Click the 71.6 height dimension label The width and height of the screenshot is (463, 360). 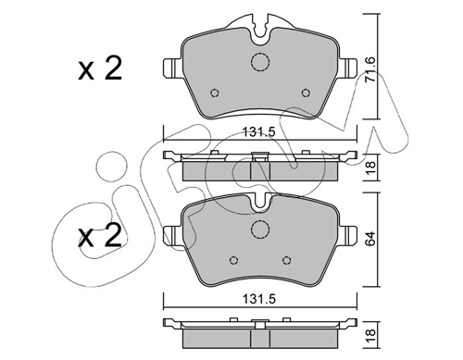(369, 69)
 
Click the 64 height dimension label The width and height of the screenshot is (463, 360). (370, 238)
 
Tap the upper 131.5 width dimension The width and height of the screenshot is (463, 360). (259, 132)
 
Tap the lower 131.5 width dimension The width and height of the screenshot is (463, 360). (259, 299)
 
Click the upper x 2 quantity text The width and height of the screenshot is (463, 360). (100, 68)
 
